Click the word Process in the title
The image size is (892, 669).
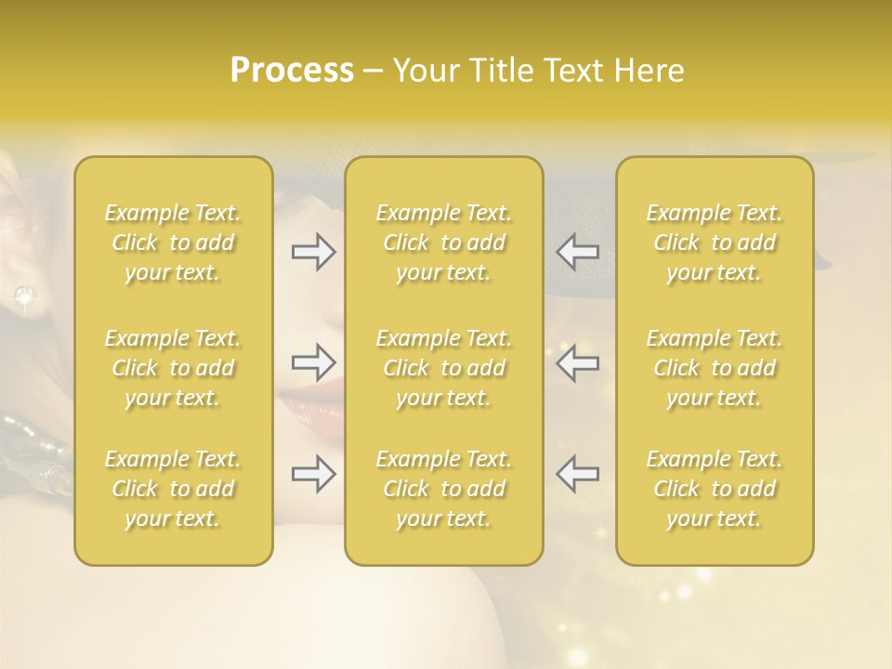(292, 71)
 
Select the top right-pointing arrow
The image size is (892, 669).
(314, 252)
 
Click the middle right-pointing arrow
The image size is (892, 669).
(314, 361)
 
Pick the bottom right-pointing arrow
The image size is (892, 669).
(314, 474)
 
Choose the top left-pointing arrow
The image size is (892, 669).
(578, 252)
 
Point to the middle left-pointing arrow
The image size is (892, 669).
(578, 361)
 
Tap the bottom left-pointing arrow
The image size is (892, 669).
(578, 474)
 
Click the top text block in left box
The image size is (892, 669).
(173, 243)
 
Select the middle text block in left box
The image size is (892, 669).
(173, 368)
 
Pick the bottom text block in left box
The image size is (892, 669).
(173, 489)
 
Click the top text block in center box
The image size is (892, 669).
(443, 243)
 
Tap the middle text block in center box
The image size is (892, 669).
(443, 368)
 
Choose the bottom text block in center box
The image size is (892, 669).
(443, 489)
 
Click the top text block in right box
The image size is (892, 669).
(714, 243)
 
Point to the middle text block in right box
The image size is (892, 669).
(714, 368)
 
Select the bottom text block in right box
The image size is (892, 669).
(714, 489)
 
